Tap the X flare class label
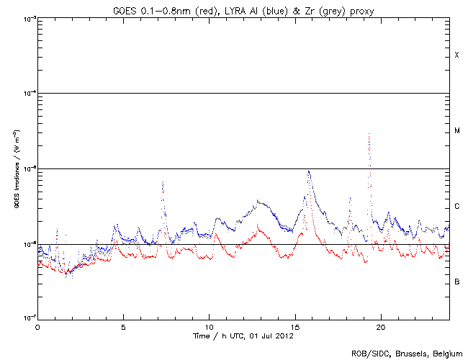pyautogui.click(x=456, y=55)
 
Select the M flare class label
pyautogui.click(x=456, y=131)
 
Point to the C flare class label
pyautogui.click(x=456, y=207)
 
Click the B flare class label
pyautogui.click(x=456, y=282)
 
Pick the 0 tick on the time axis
pyautogui.click(x=37, y=326)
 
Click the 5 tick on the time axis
pyautogui.click(x=123, y=326)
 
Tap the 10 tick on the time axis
pyautogui.click(x=209, y=326)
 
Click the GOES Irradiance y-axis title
pyautogui.click(x=15, y=168)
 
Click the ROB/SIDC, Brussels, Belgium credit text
pyautogui.click(x=406, y=354)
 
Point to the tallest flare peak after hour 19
pyautogui.click(x=369, y=135)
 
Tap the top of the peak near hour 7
pyautogui.click(x=163, y=182)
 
